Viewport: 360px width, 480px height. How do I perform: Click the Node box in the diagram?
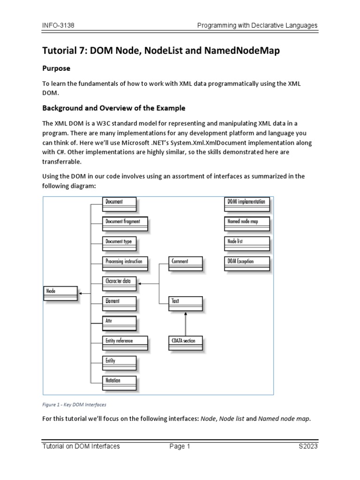pos(60,293)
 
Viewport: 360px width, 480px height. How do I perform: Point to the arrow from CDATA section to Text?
pos(186,323)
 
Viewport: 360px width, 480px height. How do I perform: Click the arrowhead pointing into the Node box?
pos(81,293)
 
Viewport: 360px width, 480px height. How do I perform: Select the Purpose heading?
pos(56,68)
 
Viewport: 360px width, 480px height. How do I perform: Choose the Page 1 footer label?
pos(180,447)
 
